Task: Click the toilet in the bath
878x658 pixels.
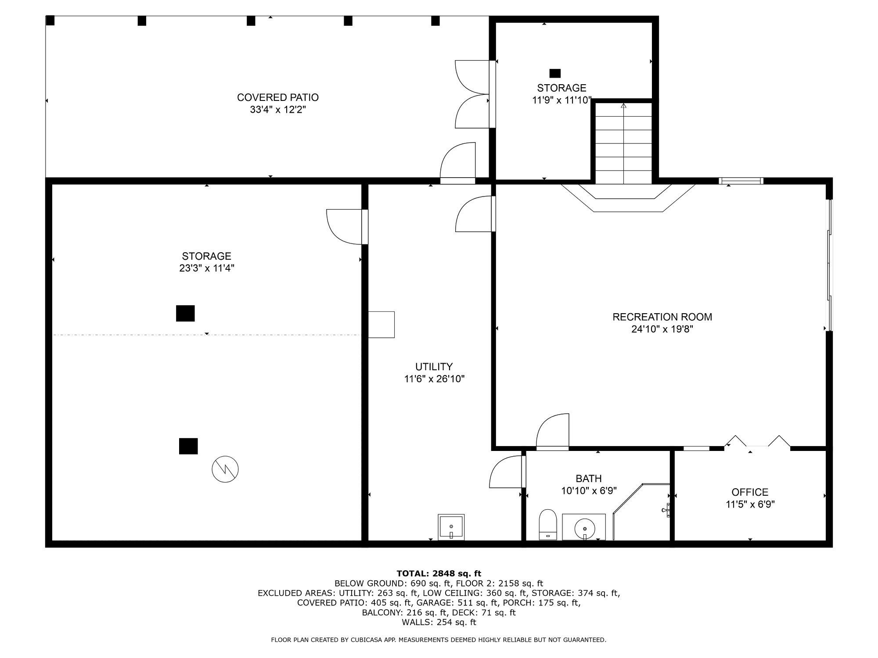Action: (x=547, y=524)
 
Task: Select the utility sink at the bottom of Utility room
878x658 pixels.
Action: (x=451, y=526)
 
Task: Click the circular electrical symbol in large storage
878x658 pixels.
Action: (x=225, y=470)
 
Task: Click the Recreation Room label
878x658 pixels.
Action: (x=662, y=317)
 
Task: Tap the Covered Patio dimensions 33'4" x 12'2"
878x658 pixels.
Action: (x=277, y=110)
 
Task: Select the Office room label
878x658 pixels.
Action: (x=750, y=492)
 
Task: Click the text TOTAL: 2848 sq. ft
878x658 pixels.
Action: (x=439, y=573)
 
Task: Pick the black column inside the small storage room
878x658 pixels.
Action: (x=555, y=73)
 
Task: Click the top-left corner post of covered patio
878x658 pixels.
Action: (x=50, y=20)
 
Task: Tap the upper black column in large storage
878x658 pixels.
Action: (x=185, y=313)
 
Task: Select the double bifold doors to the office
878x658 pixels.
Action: (x=757, y=443)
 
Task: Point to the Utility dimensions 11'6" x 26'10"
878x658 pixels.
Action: (x=434, y=379)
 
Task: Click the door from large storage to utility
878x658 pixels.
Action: (x=347, y=226)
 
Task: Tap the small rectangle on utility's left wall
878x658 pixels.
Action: (x=381, y=325)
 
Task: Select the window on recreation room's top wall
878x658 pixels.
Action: (x=741, y=181)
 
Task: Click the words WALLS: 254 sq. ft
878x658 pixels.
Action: (x=439, y=622)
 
